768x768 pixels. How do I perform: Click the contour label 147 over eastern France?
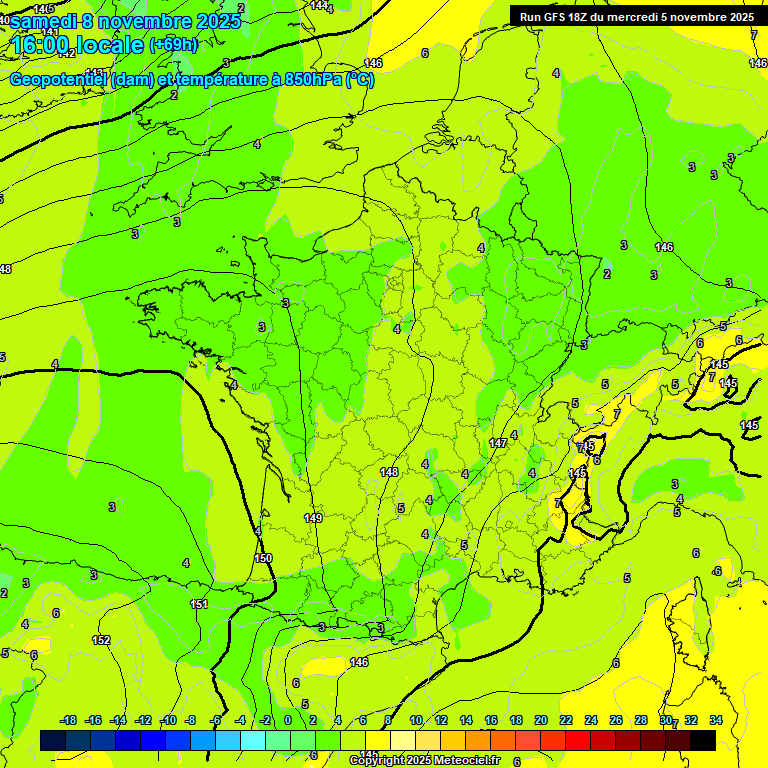(498, 442)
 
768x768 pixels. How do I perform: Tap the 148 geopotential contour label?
(389, 472)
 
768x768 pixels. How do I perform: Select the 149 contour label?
(313, 518)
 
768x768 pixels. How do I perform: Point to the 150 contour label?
(263, 558)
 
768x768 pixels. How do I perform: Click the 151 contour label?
(200, 604)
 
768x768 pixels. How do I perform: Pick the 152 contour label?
(101, 640)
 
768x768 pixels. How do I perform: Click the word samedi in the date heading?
(44, 22)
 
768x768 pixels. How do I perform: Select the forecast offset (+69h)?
(173, 45)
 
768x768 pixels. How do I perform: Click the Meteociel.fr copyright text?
(424, 761)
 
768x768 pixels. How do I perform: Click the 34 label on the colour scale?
(716, 721)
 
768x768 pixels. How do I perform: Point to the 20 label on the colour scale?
(541, 721)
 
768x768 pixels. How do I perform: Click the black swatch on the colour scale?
(703, 740)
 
